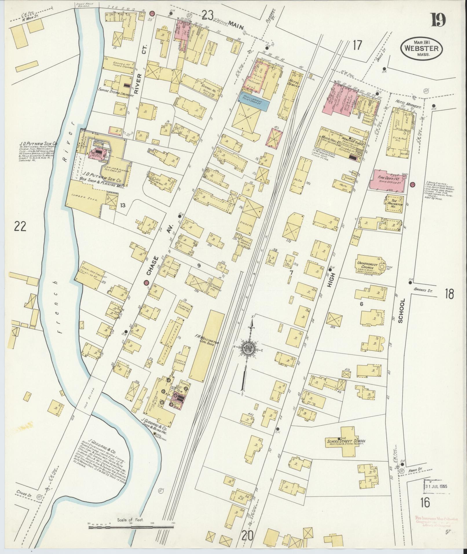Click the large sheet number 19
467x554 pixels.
(x=439, y=20)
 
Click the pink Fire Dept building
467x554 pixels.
(x=387, y=181)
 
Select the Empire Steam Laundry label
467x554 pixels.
(x=116, y=94)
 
